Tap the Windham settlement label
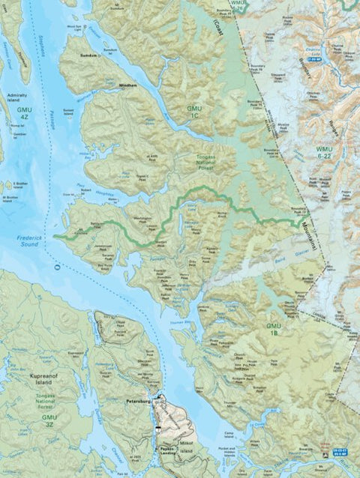click(127, 86)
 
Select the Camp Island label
click(230, 433)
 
